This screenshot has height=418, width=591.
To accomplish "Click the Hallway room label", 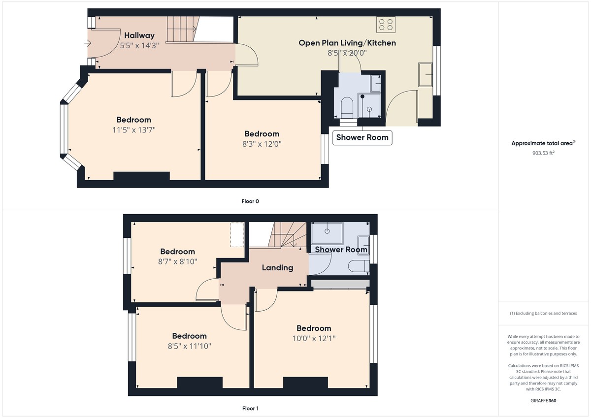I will tap(139, 35).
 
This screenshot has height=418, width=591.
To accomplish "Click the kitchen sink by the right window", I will tap(425, 74).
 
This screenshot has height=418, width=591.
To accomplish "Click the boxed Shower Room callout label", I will tap(363, 137).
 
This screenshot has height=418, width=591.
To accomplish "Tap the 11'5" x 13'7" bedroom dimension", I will tap(133, 130).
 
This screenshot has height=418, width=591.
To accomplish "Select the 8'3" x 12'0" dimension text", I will tap(262, 144).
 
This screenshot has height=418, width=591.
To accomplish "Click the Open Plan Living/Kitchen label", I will tap(347, 43).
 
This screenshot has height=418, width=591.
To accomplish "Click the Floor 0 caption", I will tap(250, 201).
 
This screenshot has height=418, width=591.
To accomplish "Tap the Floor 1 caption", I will tap(250, 408).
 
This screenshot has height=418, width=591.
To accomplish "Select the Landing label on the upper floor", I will tap(277, 268).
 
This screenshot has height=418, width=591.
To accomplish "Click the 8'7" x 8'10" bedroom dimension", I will tap(177, 261).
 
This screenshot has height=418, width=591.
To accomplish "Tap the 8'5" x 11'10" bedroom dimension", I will tap(189, 346).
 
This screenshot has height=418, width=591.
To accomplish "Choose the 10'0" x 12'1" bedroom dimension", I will tap(314, 338).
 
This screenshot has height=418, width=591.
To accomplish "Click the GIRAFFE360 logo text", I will tap(544, 401).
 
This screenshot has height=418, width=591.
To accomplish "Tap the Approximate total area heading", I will tap(543, 143).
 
